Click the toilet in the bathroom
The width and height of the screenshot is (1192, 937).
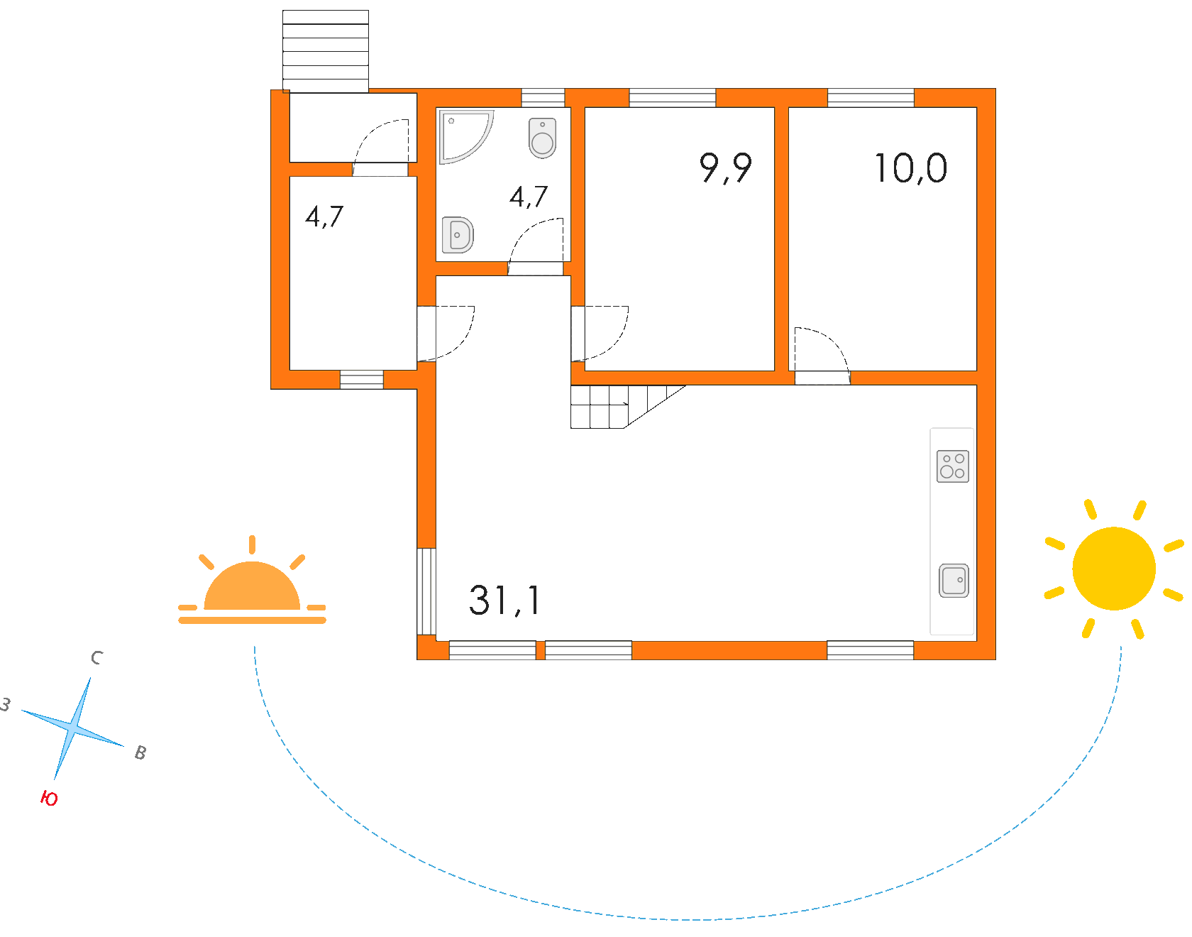click(542, 138)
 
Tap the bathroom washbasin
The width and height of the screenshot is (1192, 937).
click(458, 235)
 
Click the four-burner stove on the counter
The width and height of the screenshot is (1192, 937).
click(953, 466)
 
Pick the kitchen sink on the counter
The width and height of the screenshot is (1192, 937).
click(954, 581)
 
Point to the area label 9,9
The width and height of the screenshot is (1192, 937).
click(725, 169)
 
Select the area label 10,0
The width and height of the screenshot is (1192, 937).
click(910, 169)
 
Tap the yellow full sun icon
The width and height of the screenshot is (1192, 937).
click(1114, 569)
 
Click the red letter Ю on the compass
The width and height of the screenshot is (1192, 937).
click(49, 799)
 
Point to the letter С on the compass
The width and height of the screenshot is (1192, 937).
click(97, 658)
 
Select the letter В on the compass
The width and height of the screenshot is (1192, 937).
click(140, 752)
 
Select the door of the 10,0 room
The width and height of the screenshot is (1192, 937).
click(821, 355)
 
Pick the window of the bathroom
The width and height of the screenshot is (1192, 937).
click(543, 98)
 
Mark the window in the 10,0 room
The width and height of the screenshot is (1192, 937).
click(871, 98)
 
